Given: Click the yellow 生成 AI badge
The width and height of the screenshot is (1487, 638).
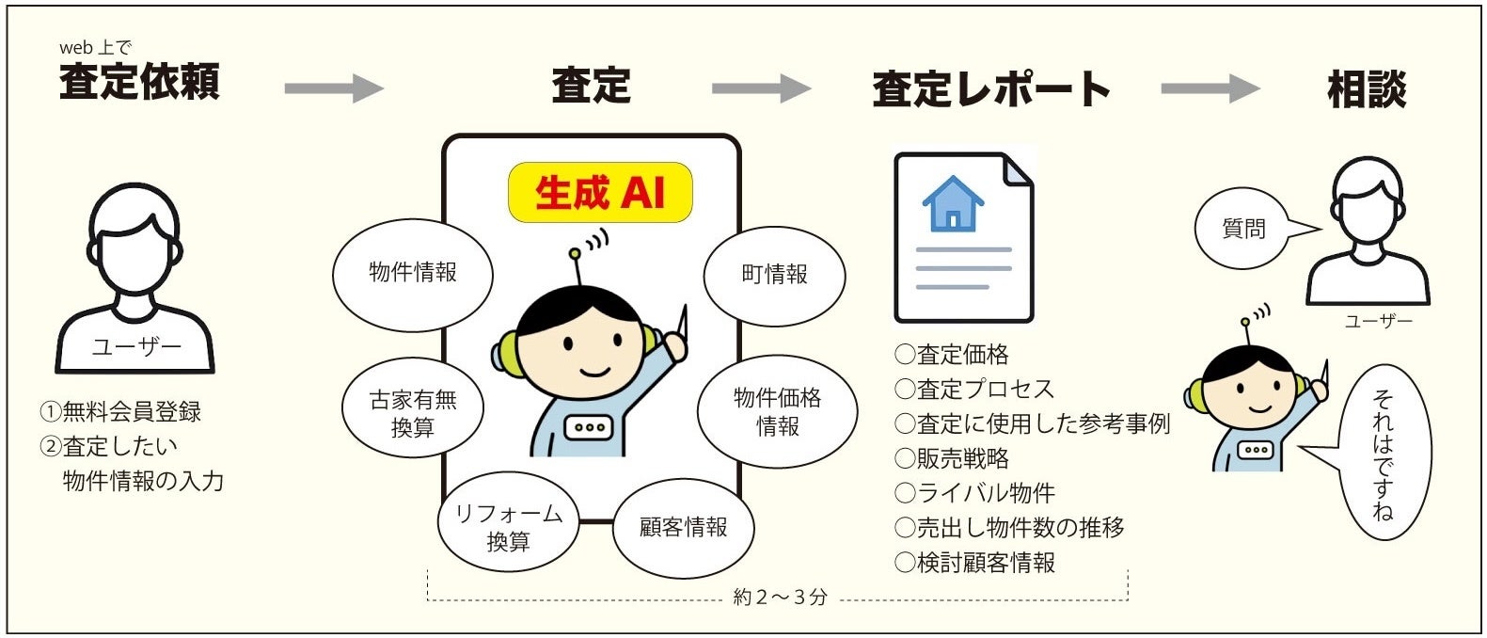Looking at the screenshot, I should coord(600,193).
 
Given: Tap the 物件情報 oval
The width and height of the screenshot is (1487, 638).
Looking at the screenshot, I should coord(412,273).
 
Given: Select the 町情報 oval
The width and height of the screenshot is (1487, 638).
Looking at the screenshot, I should coord(774,274).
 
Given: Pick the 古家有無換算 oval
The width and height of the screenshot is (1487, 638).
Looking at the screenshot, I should coord(412,412).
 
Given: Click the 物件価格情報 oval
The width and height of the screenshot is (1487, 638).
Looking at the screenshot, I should coord(777,412).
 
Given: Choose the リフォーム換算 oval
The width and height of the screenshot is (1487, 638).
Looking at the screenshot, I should coord(508,527).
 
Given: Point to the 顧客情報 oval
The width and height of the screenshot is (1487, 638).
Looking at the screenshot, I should coord(683,527).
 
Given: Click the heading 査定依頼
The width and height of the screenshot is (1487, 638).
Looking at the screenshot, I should coord(139,82).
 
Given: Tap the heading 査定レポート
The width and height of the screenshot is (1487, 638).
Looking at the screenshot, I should coord(991,88).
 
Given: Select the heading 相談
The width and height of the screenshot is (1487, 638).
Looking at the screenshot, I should coord(1366,88).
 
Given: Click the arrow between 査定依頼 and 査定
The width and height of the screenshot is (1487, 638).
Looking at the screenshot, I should coord(335,88).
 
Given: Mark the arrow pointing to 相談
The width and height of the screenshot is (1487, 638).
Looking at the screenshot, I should coord(1210,88).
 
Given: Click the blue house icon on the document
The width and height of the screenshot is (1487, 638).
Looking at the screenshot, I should coord(953,203).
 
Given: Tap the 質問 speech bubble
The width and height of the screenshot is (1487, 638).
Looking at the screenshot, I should coord(1244,229).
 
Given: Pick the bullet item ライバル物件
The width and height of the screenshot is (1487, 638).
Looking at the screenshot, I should coord(974,493).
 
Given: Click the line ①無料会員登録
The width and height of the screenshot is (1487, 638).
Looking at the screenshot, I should coord(120,411).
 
